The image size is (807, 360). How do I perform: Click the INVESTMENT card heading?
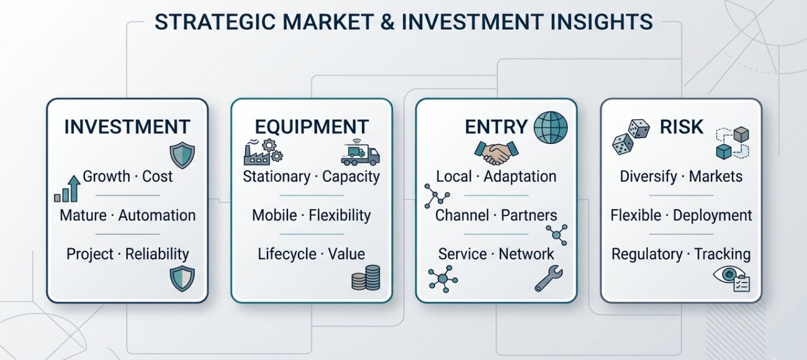[x=127, y=127]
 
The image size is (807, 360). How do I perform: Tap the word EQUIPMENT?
[x=312, y=127]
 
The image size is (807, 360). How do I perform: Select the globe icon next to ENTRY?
[x=551, y=127]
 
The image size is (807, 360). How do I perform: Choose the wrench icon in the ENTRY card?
[x=549, y=279]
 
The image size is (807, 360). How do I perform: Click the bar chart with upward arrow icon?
[x=67, y=189]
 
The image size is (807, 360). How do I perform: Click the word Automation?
[x=157, y=215]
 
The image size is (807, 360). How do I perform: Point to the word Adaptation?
[x=520, y=176]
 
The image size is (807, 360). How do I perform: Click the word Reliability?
[x=157, y=254]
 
